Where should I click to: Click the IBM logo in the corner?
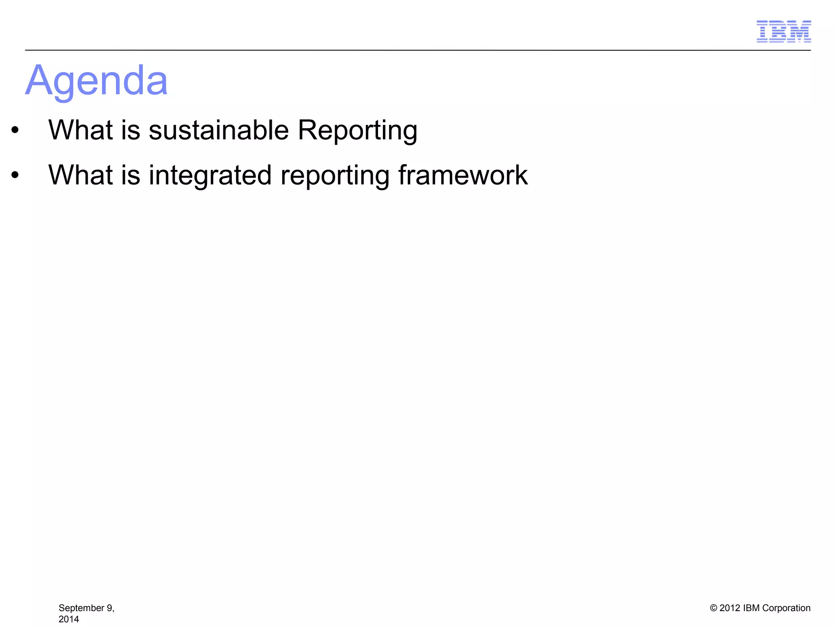783,31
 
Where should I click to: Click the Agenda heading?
96,81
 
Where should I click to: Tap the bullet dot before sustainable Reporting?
15,131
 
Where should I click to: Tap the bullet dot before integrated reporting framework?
15,176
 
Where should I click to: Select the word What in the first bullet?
80,130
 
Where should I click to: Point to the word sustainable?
218,130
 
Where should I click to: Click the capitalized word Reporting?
357,130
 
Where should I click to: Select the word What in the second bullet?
80,175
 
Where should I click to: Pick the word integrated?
210,175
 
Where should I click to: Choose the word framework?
462,175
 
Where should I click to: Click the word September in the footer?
81,608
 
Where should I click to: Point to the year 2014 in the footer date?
69,619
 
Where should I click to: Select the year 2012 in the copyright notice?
730,608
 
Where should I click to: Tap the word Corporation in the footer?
786,608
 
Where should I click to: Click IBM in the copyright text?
752,608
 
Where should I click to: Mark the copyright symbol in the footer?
714,608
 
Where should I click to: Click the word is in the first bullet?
130,130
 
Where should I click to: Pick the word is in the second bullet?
130,175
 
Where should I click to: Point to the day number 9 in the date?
110,608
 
